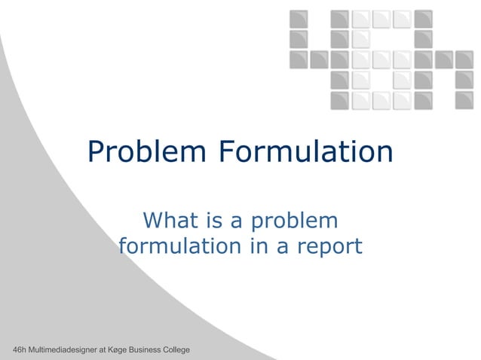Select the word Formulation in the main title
coord(306,152)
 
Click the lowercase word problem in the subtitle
coord(296,222)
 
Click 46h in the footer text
coord(12,351)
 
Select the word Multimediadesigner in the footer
coord(61,351)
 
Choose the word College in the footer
coord(178,351)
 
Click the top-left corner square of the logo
coord(299,18)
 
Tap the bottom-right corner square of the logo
coord(464,100)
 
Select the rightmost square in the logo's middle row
coord(464,59)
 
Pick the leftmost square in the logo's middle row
coord(299,59)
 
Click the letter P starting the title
coord(96,153)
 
